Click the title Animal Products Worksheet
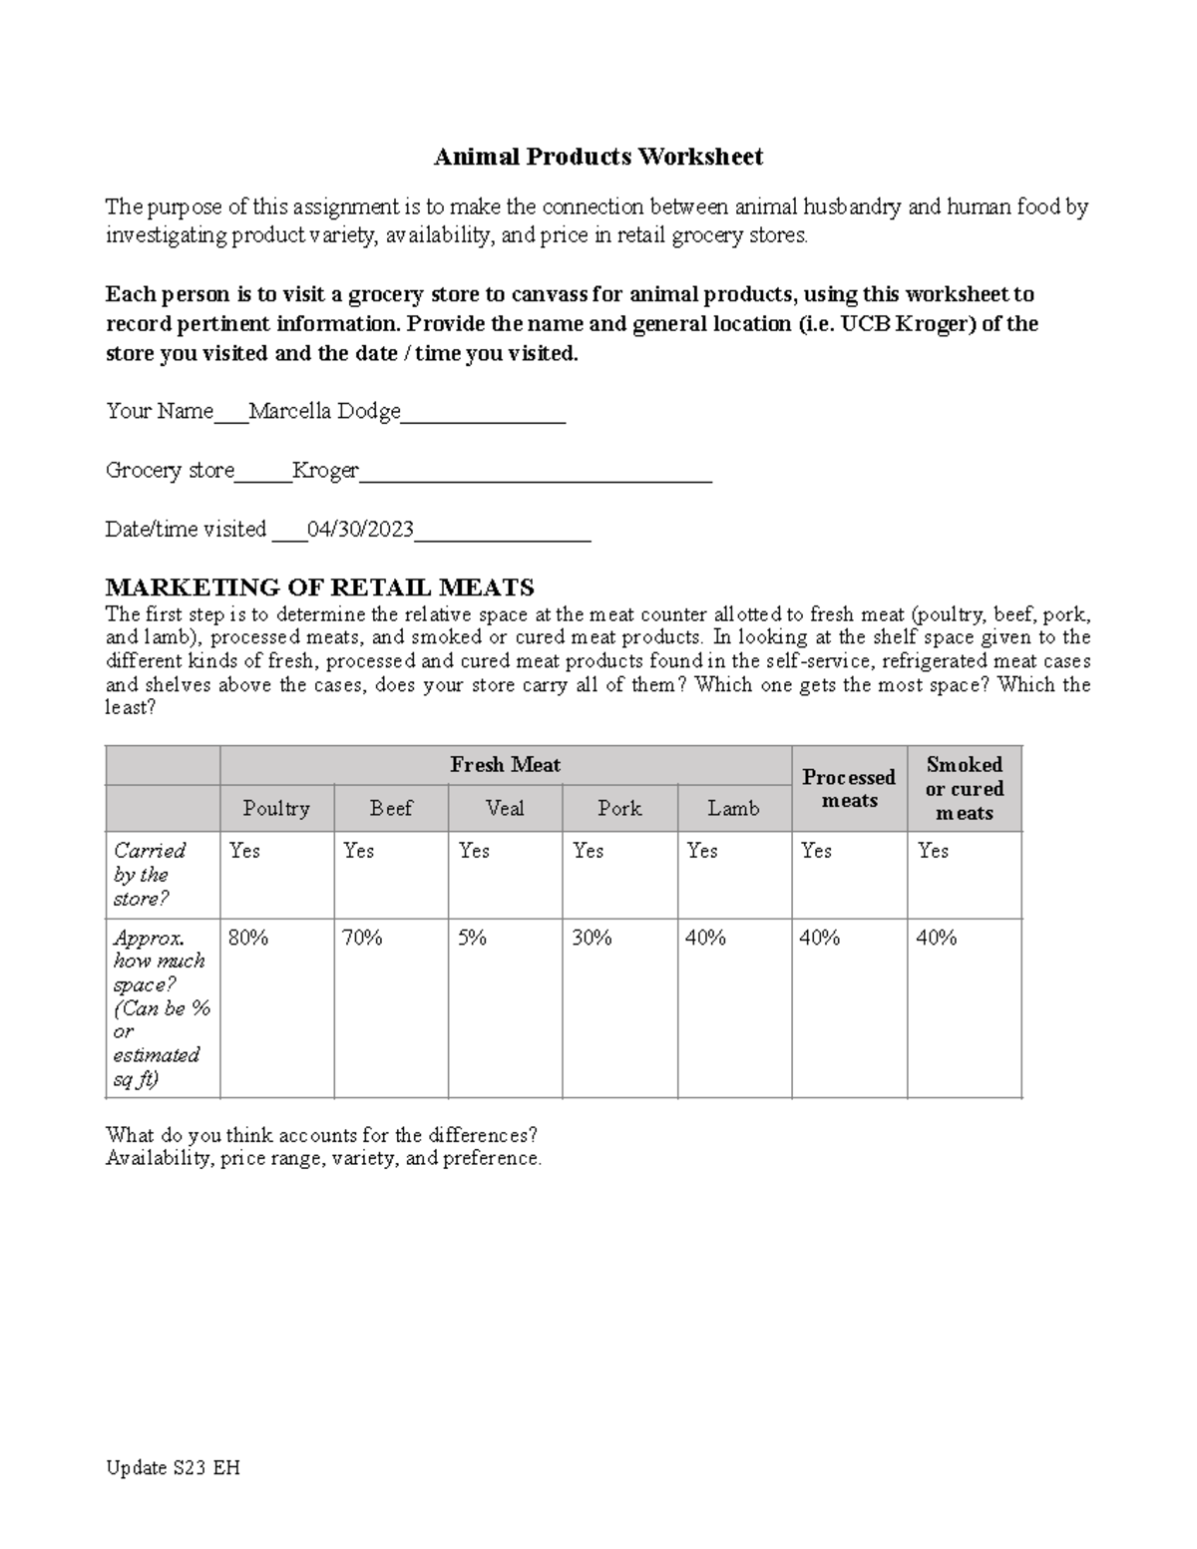(598, 157)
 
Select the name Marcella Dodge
(324, 411)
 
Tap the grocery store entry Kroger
(325, 470)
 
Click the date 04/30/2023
(360, 529)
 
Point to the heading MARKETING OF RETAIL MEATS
(319, 586)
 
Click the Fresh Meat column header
(505, 765)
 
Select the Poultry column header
(276, 808)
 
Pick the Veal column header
(505, 808)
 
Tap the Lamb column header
(733, 808)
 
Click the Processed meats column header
(849, 788)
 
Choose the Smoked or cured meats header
(964, 788)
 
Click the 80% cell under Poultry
(247, 938)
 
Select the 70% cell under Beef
(362, 938)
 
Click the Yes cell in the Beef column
(359, 851)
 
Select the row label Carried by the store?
(150, 874)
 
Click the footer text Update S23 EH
(173, 1467)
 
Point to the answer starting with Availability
(323, 1158)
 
